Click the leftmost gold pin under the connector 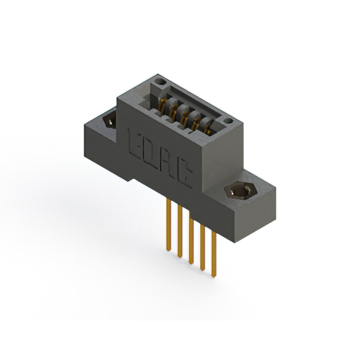click(168, 225)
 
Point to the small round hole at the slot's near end click(227, 120)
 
